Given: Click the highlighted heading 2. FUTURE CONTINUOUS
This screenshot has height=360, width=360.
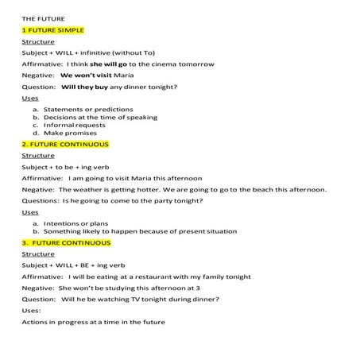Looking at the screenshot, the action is click(x=65, y=144).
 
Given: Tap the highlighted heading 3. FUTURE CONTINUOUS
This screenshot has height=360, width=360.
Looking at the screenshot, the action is click(x=66, y=242).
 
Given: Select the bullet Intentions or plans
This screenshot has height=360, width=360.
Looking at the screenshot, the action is click(x=76, y=223).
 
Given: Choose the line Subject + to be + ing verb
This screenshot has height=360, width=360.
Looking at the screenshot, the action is click(x=63, y=167).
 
